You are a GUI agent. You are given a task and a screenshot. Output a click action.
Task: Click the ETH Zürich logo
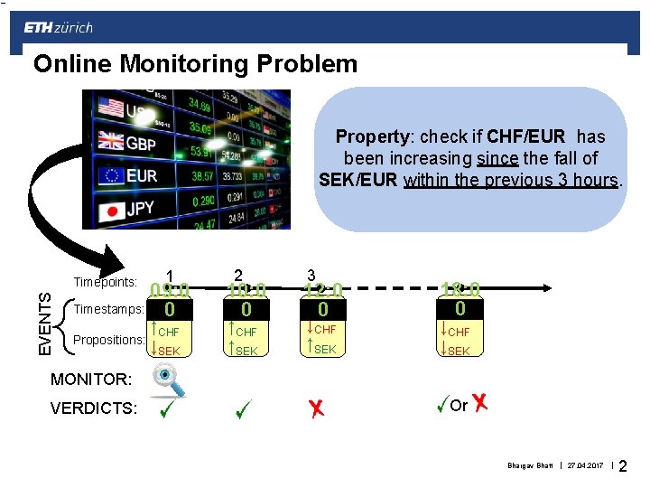pos(58,28)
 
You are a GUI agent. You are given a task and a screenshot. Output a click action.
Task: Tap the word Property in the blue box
pos(374,137)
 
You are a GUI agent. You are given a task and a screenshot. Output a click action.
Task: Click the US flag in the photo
pos(110,108)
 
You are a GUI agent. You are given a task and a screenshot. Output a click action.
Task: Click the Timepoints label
pos(105,283)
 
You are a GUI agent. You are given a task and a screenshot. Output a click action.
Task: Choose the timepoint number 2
pos(238,275)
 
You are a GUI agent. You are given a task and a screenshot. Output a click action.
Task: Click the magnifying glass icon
pos(168,380)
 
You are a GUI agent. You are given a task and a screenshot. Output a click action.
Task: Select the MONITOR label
pos(91,378)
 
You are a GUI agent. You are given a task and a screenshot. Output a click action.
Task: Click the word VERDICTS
pos(94,408)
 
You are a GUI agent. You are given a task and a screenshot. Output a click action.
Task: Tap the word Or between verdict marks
pos(459,406)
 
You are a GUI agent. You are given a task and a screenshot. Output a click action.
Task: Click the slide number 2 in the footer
pos(623,467)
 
